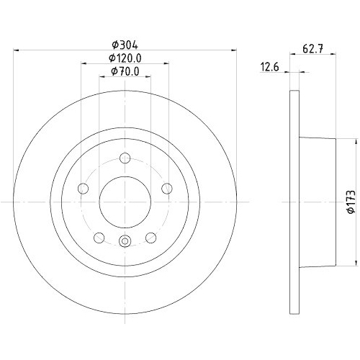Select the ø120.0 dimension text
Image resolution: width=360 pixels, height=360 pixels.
tap(124, 58)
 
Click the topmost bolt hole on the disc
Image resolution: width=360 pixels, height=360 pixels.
tap(125, 158)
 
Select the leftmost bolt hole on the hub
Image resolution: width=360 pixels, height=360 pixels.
tap(83, 189)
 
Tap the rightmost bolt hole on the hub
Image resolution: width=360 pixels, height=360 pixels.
tap(167, 189)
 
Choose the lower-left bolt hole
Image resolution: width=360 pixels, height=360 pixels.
tap(99, 238)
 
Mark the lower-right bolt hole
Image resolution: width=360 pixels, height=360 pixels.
tap(150, 238)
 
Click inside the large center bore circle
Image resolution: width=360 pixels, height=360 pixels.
tap(125, 202)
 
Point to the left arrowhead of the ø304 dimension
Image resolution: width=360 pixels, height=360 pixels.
tap(18, 50)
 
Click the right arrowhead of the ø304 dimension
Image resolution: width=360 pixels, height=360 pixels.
tap(233, 50)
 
